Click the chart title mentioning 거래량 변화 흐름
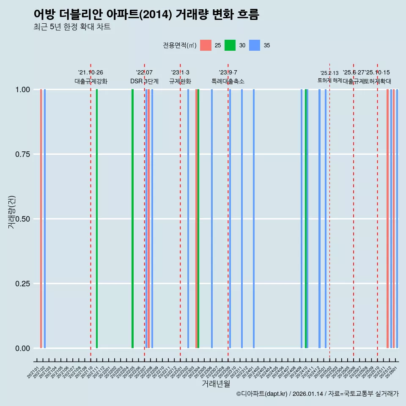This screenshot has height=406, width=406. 146,14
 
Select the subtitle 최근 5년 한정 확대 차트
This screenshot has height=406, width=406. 72,27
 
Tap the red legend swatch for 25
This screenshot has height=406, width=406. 206,45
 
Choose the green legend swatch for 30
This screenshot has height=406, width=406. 230,45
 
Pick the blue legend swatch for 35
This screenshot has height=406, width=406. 255,45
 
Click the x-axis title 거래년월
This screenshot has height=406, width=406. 216,384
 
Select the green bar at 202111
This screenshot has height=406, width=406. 97,219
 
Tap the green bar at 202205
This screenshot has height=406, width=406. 132,219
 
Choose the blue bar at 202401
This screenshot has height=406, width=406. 254,219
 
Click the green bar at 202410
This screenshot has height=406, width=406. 306,219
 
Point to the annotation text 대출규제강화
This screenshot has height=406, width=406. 91,81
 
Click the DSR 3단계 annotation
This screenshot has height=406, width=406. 144,81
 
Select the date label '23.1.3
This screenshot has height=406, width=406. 180,72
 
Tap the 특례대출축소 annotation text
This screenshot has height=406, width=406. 228,81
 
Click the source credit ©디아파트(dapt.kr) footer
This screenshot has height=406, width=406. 317,394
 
